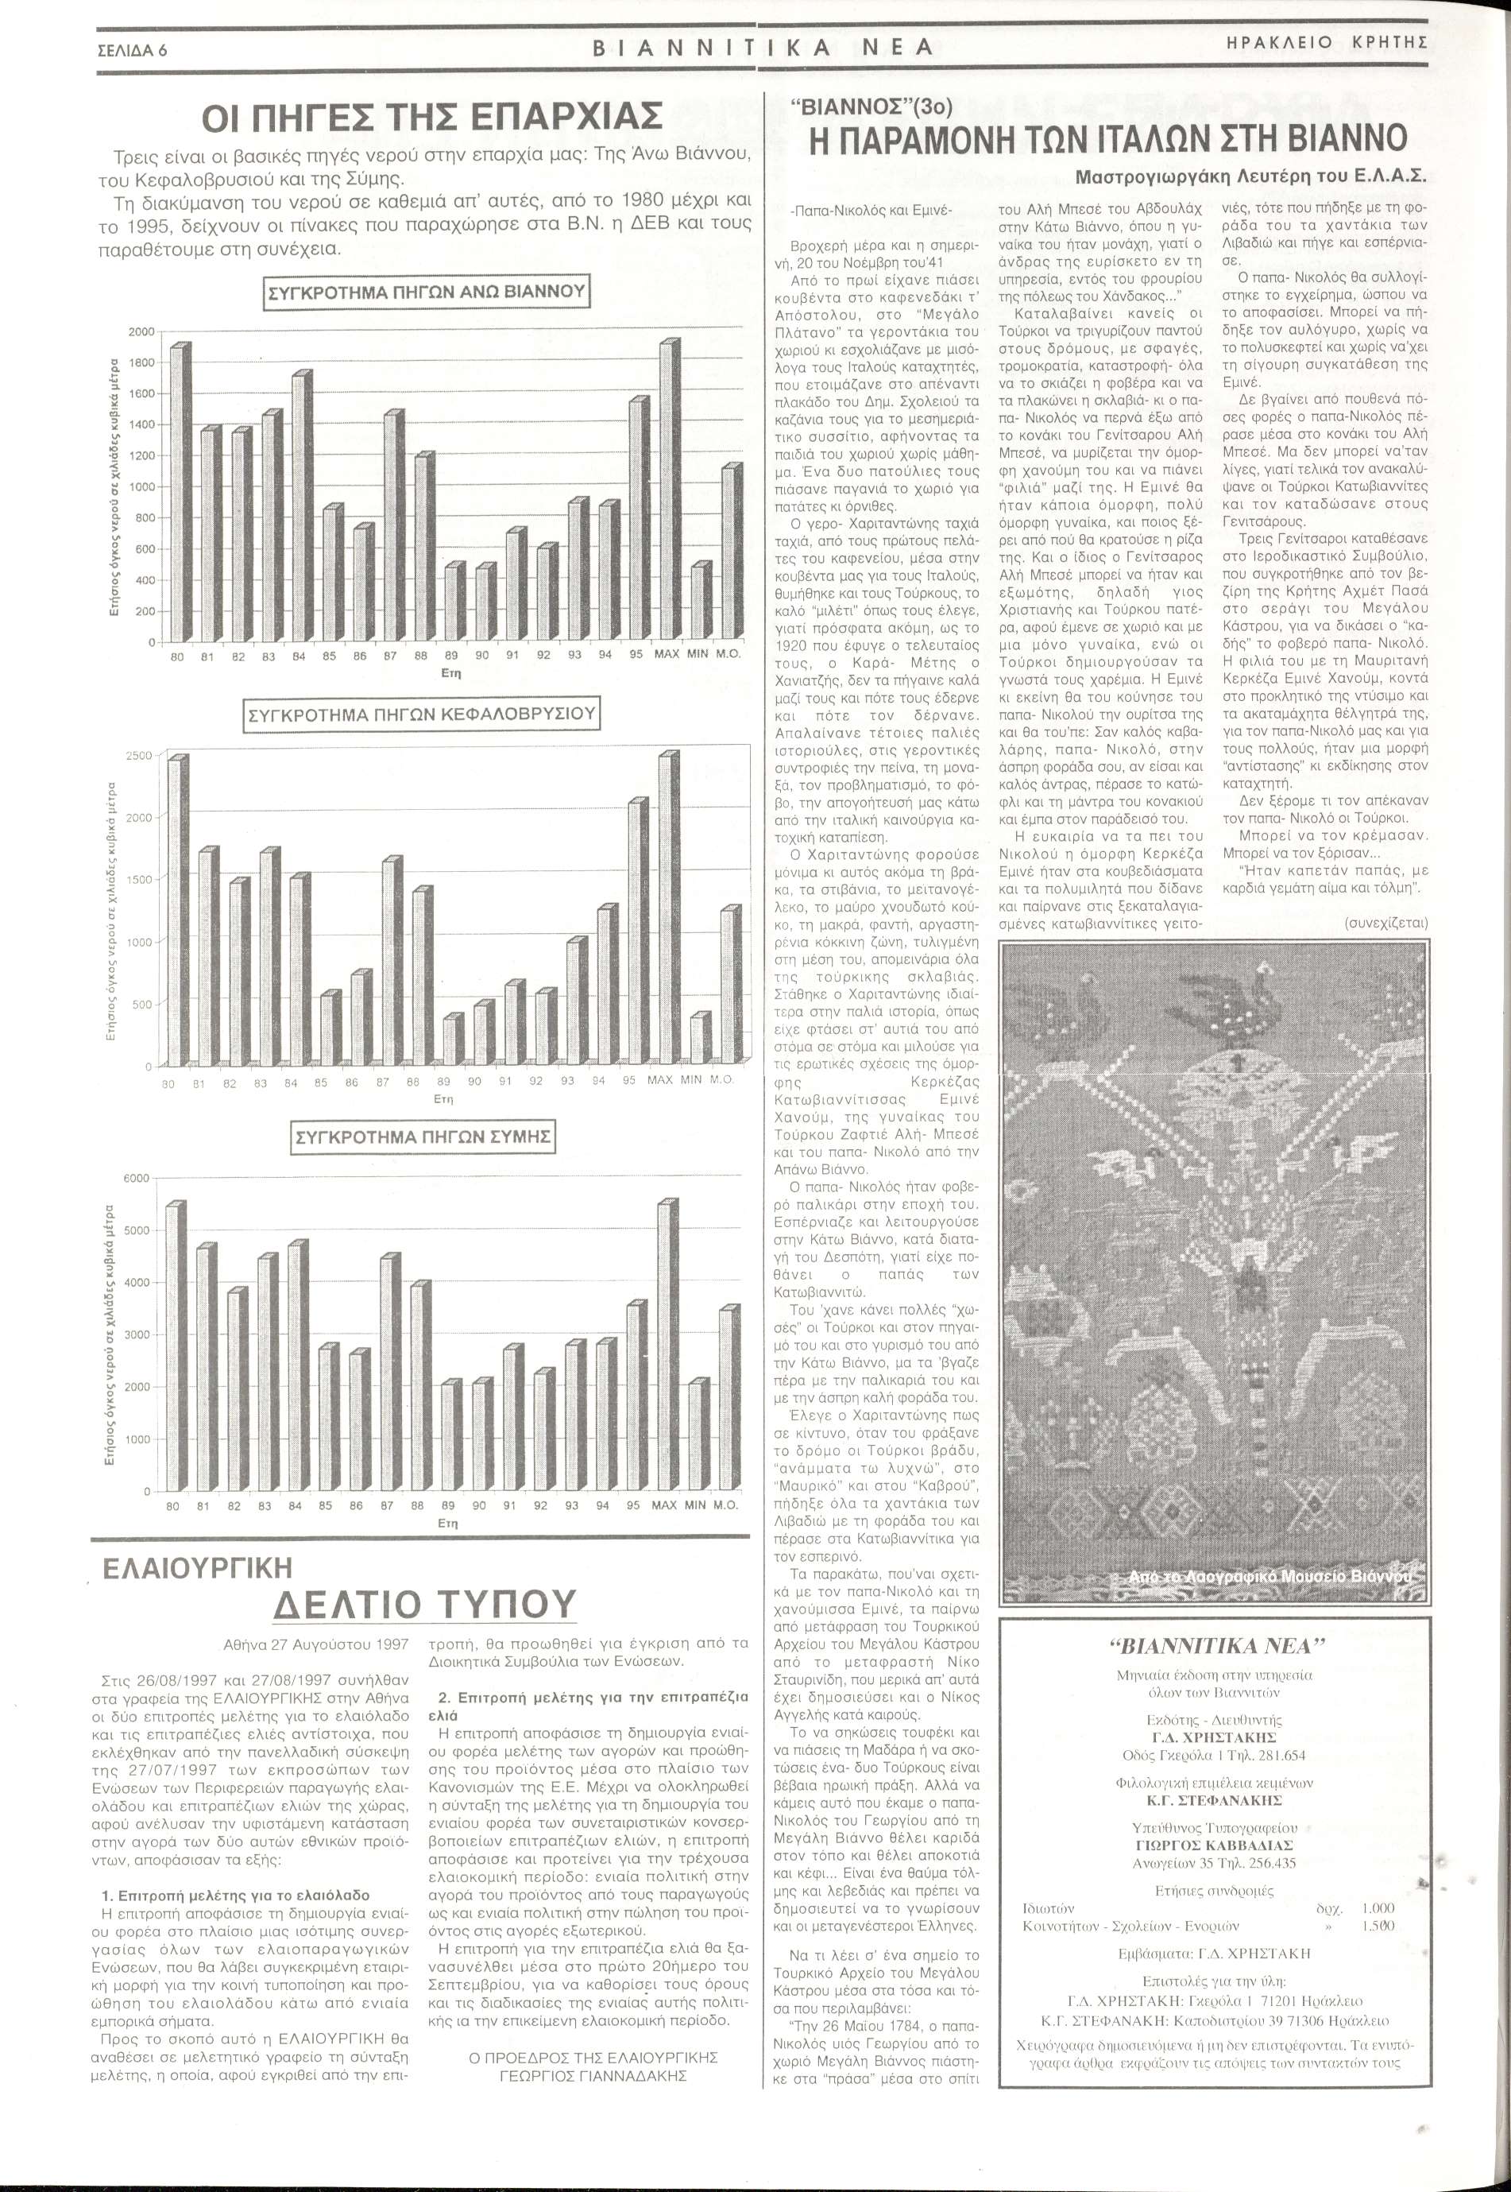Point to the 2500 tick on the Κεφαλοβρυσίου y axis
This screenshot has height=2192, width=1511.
138,756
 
